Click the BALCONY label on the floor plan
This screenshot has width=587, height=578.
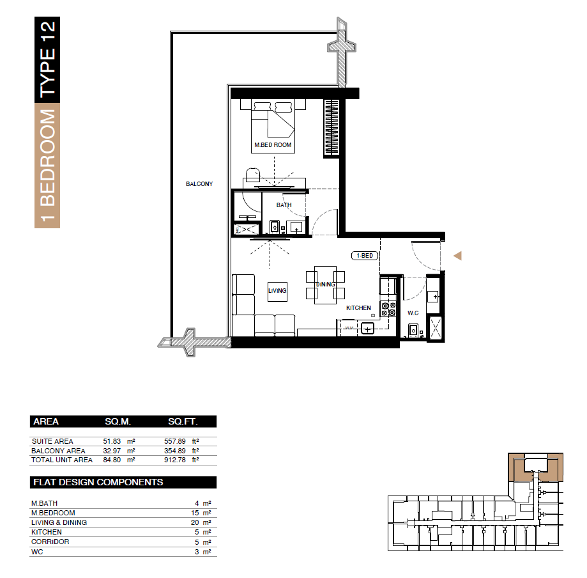pos(199,184)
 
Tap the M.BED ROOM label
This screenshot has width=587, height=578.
pos(273,145)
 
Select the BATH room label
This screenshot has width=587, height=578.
pos(284,205)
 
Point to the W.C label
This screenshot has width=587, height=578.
pos(413,313)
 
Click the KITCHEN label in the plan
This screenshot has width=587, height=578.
pos(358,308)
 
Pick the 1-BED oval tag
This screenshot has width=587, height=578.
pos(365,256)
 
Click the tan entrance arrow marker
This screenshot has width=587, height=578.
pos(458,256)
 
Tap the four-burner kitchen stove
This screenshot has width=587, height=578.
pos(388,309)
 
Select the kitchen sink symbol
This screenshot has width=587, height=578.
pos(368,329)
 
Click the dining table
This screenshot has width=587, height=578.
pos(325,285)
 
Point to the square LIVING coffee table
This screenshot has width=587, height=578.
pos(277,292)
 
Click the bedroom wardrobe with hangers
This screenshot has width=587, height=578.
pos(332,127)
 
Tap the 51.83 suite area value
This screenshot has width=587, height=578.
pos(112,442)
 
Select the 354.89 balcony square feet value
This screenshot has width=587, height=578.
pos(175,451)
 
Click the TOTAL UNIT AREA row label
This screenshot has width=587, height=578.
pos(62,460)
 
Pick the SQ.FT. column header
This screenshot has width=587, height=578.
pos(183,422)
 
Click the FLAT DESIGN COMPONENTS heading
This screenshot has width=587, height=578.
pos(98,483)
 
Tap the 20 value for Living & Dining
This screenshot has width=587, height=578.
pos(195,522)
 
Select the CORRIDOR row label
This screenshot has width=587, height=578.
pos(50,542)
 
